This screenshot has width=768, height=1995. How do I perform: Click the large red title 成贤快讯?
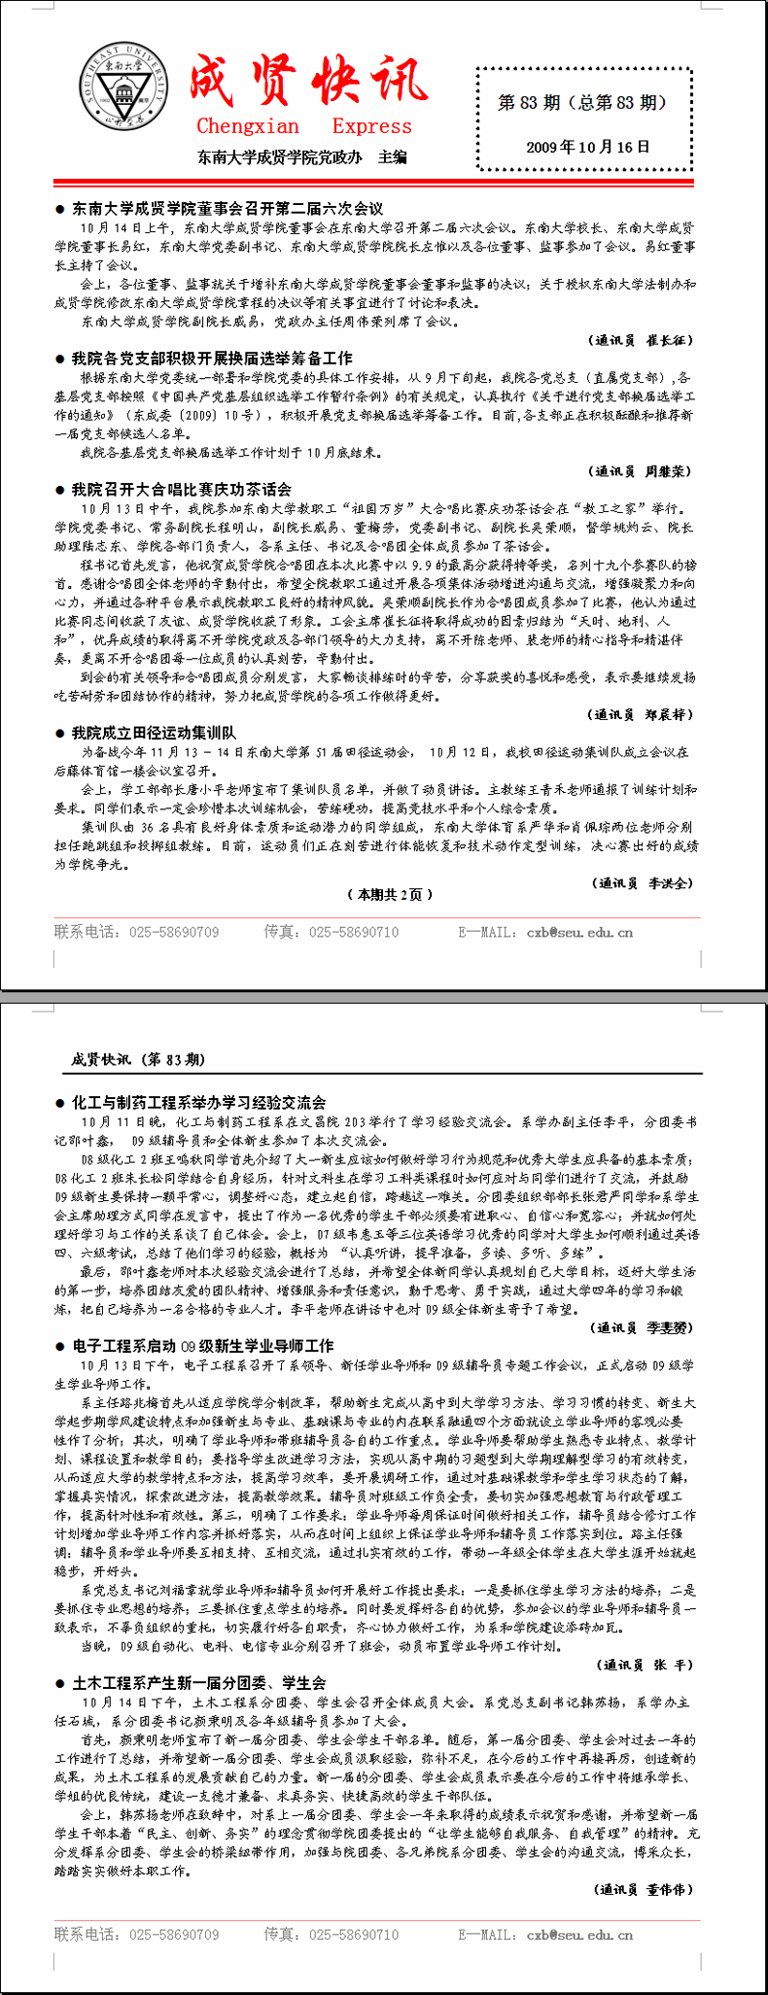307,80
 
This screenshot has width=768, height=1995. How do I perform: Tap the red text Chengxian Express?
303,126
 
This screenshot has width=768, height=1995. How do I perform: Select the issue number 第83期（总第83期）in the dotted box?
582,102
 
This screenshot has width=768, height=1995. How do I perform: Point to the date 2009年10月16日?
587,147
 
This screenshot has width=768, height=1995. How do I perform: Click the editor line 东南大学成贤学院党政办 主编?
301,156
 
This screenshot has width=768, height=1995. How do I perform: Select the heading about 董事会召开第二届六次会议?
227,208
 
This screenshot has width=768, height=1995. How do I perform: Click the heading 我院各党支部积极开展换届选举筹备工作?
212,358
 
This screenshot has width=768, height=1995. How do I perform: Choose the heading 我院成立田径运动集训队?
154,733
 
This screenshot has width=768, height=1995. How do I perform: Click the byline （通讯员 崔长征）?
642,340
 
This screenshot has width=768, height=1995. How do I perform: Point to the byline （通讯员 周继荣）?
642,471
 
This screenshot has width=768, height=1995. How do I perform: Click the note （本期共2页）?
390,894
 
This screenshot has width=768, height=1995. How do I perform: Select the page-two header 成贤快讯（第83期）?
138,1059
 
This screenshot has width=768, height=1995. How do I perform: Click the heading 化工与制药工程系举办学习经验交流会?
198,1102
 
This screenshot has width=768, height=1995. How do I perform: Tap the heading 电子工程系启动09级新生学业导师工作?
202,1346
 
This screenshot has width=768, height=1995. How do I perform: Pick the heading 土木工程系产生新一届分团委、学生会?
198,1682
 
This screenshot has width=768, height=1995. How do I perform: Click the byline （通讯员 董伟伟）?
645,1889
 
